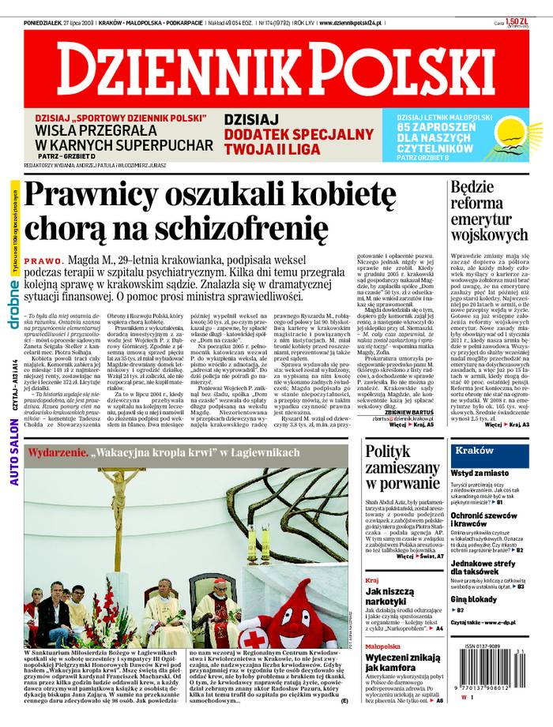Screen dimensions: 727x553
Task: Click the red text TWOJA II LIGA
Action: [x=261, y=148]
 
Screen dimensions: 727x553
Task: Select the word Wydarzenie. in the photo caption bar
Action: [x=56, y=453]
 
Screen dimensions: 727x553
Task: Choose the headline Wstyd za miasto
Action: [x=480, y=473]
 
